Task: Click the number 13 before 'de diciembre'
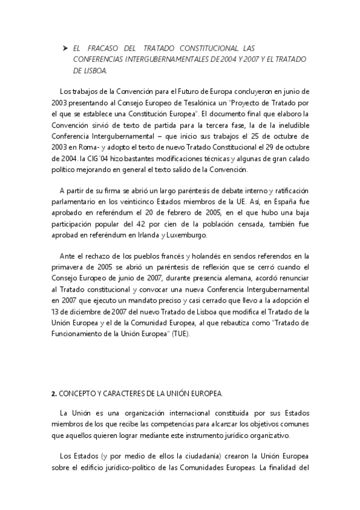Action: (x=55, y=313)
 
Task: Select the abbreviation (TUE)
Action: (x=178, y=335)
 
